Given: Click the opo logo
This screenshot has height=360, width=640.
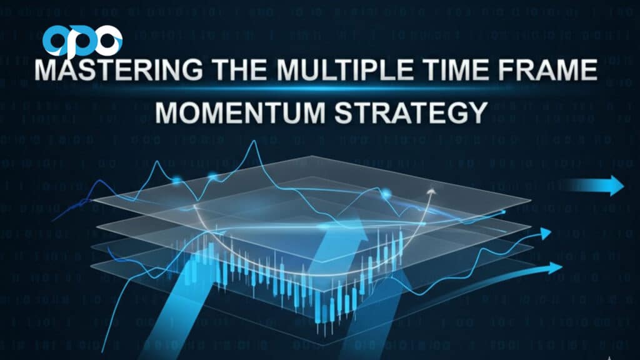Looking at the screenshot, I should [82, 40].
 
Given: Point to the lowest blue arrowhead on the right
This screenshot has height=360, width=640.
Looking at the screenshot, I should [555, 267].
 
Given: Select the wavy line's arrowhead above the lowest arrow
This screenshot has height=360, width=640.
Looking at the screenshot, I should [546, 234].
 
